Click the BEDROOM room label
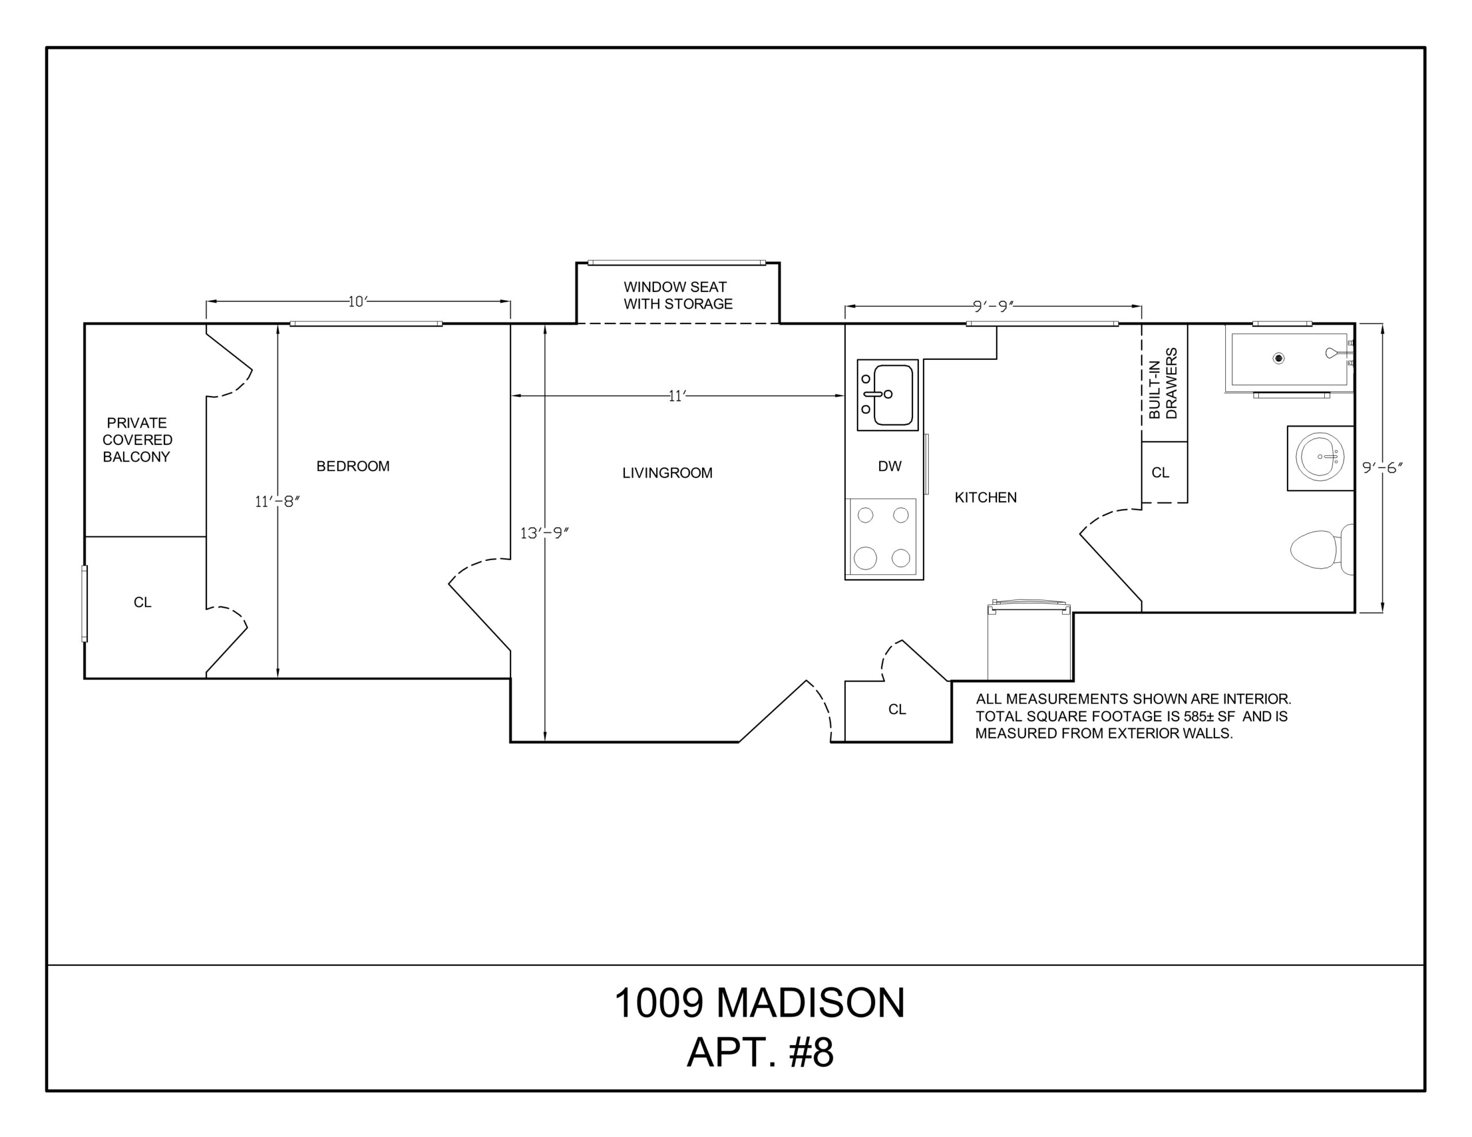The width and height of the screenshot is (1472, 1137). pos(352,466)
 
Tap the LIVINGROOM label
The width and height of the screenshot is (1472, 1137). pos(667,473)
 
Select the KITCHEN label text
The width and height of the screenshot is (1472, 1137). pos(986,497)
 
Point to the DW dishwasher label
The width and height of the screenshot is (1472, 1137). pos(890,466)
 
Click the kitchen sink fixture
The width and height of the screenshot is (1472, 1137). pos(888,395)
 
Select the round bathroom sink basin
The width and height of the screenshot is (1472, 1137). pos(1320,457)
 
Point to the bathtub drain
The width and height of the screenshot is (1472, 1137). pos(1279,359)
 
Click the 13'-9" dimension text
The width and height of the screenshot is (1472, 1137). pos(545,533)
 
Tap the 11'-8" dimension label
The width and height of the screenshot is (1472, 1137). pos(277,501)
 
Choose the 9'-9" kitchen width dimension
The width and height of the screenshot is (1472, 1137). pos(994,306)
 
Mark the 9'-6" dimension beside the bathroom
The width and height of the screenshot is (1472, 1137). pos(1382,467)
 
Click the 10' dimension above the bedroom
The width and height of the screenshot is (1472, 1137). pos(357,301)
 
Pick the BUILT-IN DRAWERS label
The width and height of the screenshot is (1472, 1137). pos(1163,383)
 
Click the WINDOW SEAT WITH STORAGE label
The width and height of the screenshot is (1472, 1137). pos(677,295)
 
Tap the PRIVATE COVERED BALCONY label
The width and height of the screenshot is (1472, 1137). pos(137,439)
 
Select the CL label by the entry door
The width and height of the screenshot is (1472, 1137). pos(897,709)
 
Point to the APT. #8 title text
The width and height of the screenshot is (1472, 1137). pos(760,1052)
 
